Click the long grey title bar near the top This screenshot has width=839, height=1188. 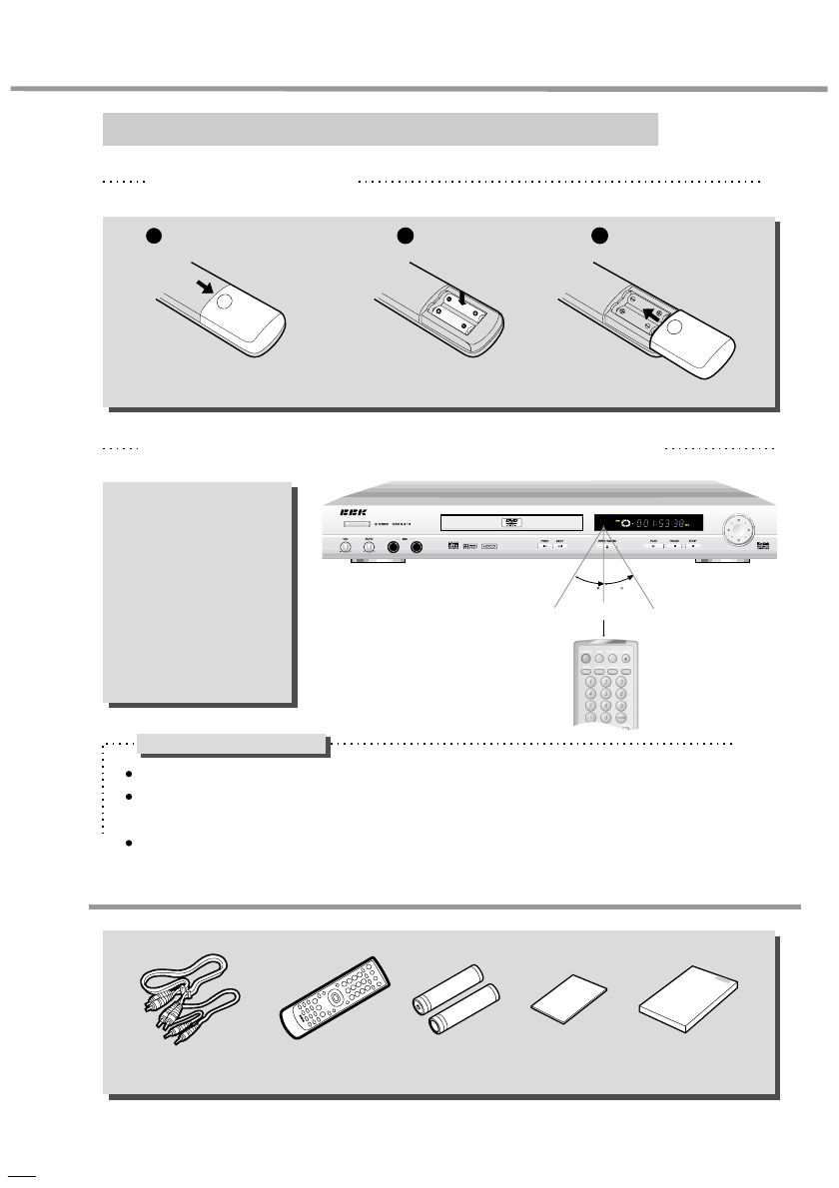(381, 129)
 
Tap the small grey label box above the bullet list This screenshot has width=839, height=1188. (232, 745)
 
